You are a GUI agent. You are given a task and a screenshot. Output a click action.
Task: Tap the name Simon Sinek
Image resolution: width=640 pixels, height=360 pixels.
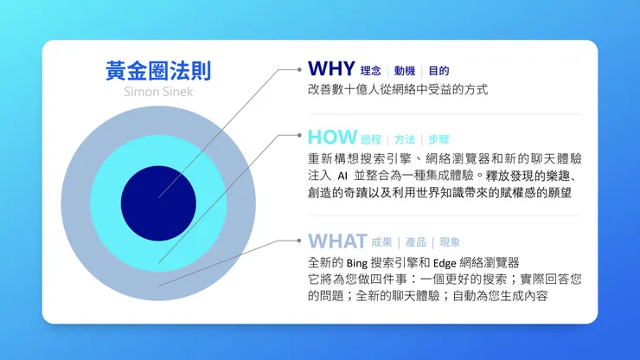tap(157, 91)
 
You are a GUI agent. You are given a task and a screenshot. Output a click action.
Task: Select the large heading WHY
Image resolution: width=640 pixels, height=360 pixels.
tap(331, 69)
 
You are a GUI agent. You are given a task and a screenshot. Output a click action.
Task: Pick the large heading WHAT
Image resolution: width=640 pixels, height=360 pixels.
tap(336, 241)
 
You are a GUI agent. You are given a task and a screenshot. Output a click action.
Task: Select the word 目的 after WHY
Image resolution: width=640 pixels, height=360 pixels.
tap(438, 71)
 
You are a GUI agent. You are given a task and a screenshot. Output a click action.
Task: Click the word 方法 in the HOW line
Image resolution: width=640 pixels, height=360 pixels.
tap(405, 139)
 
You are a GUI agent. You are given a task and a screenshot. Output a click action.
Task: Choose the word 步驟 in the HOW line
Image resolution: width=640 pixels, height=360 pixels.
tap(438, 139)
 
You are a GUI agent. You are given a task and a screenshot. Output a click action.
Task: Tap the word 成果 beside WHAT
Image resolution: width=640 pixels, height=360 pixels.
tap(381, 242)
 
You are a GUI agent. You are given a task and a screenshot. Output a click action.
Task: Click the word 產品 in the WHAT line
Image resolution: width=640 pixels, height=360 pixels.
tap(416, 242)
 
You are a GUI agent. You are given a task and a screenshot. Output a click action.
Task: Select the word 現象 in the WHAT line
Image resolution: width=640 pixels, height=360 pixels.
tap(450, 242)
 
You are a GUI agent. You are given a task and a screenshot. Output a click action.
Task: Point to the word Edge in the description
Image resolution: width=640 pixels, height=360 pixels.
tap(464, 262)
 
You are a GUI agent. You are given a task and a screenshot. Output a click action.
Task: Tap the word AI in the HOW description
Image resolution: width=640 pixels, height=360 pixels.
tap(341, 176)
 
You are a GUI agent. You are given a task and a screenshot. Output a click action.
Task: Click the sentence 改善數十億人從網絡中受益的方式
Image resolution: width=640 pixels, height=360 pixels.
tap(398, 89)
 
